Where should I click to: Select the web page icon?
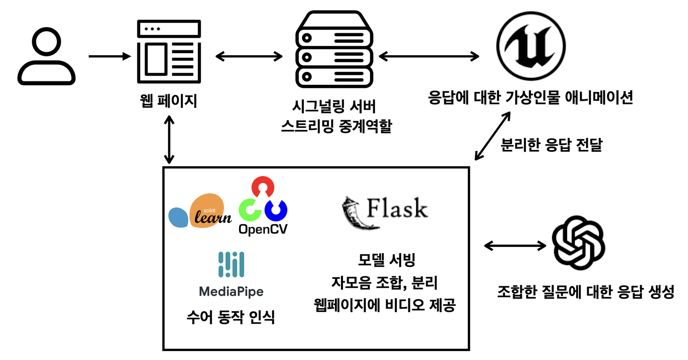coord(169,51)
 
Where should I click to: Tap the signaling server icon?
coord(334,49)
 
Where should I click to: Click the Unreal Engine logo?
coord(531,46)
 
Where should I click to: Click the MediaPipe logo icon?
coord(231,264)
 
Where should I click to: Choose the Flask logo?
coord(385,212)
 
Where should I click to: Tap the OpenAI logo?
coord(578,243)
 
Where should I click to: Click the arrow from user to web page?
coord(109,56)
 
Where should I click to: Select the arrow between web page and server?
coord(249,56)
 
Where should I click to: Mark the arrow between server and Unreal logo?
coord(429,56)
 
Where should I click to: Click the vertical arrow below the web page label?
coord(169,140)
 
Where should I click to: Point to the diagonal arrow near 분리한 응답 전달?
coord(492,136)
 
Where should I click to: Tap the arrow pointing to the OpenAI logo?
coord(515,246)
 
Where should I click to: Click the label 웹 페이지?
coord(168,101)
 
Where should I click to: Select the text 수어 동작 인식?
coord(231,317)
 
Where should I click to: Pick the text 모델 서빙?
coord(386,260)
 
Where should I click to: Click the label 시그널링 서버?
coord(334,106)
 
